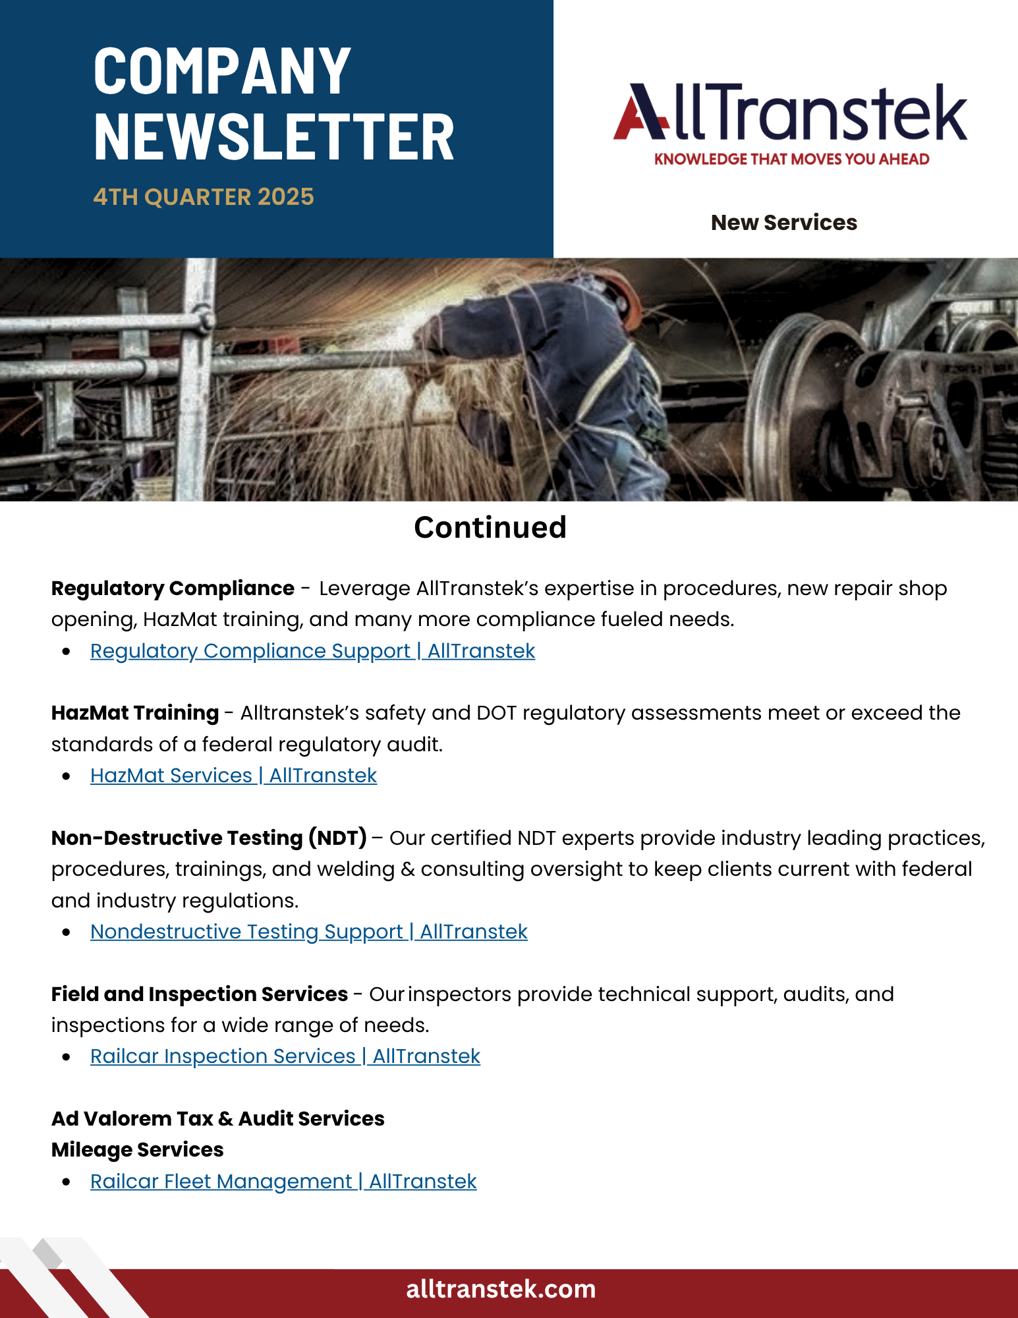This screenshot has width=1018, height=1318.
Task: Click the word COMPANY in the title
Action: pyautogui.click(x=222, y=71)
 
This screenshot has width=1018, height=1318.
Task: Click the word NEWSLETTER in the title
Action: pyautogui.click(x=274, y=136)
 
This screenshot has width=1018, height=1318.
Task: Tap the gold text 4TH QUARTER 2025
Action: pyautogui.click(x=204, y=197)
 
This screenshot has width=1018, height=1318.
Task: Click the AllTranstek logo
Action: pyautogui.click(x=790, y=112)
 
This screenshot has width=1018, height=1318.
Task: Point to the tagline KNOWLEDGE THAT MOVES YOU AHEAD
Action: pyautogui.click(x=791, y=159)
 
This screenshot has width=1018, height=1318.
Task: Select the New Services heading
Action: pyautogui.click(x=783, y=223)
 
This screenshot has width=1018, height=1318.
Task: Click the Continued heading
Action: pyautogui.click(x=490, y=527)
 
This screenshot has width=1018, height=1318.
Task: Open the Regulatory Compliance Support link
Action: pyautogui.click(x=312, y=651)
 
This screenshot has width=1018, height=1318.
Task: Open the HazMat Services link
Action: pyautogui.click(x=233, y=776)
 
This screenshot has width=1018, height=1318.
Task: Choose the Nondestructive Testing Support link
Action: pyautogui.click(x=308, y=932)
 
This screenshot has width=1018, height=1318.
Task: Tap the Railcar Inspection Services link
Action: pyautogui.click(x=285, y=1056)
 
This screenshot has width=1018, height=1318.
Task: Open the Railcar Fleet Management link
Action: pyautogui.click(x=283, y=1182)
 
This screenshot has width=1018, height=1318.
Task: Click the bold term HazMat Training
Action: pyautogui.click(x=135, y=713)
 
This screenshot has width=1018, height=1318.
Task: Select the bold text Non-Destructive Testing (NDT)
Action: pyautogui.click(x=209, y=838)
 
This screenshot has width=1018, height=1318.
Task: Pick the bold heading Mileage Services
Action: pyautogui.click(x=138, y=1150)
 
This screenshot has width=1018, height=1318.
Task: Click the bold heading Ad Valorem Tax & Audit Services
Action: pyautogui.click(x=217, y=1119)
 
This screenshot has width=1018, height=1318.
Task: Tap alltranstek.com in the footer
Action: pyautogui.click(x=501, y=1289)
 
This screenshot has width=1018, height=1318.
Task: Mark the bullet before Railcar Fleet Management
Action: pyautogui.click(x=66, y=1182)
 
